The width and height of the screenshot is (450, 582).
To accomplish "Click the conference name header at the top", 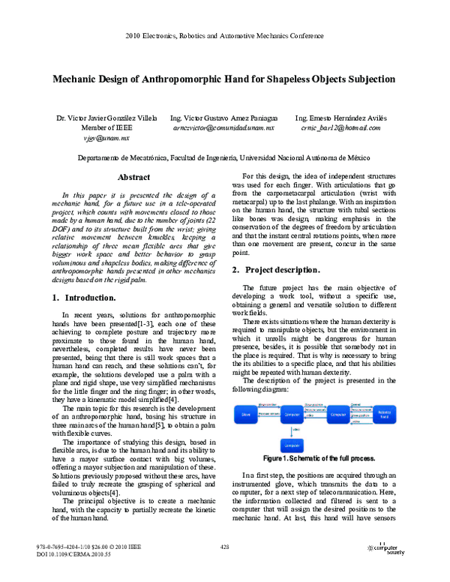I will (x=224, y=36).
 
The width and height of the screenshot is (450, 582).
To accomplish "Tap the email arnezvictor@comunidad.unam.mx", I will (x=223, y=129).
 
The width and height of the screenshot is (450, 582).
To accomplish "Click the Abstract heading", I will (x=134, y=178).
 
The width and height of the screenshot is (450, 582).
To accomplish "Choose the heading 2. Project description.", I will (x=281, y=269).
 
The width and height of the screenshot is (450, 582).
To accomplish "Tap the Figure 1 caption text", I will (x=319, y=457).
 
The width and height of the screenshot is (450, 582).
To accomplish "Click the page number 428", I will (x=224, y=547).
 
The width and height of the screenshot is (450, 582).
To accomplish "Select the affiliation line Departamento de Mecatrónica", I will (x=224, y=158).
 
